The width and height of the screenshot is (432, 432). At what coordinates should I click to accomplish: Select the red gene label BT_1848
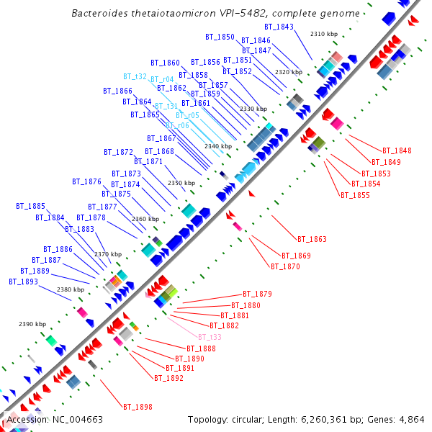click(x=397, y=150)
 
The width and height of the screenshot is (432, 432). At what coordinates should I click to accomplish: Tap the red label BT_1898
click(x=138, y=407)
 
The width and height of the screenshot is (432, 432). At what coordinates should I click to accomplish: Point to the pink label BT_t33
click(x=210, y=337)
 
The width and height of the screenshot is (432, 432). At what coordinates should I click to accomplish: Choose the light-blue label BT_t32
click(x=135, y=76)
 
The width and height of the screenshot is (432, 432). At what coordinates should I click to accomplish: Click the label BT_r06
click(x=178, y=125)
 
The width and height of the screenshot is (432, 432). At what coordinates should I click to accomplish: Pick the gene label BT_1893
click(x=23, y=282)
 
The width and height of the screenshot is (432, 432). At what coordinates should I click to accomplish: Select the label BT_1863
click(x=312, y=239)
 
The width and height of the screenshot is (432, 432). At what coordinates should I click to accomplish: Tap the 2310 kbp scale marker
click(x=323, y=34)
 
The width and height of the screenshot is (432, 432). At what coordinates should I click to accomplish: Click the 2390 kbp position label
click(x=32, y=324)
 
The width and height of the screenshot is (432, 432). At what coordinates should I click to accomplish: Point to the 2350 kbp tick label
click(x=181, y=183)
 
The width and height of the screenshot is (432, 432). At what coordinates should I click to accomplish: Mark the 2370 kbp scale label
click(x=108, y=254)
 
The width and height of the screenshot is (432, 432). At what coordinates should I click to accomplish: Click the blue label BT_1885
click(x=31, y=206)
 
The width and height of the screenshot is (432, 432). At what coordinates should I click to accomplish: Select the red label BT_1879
click(x=257, y=294)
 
